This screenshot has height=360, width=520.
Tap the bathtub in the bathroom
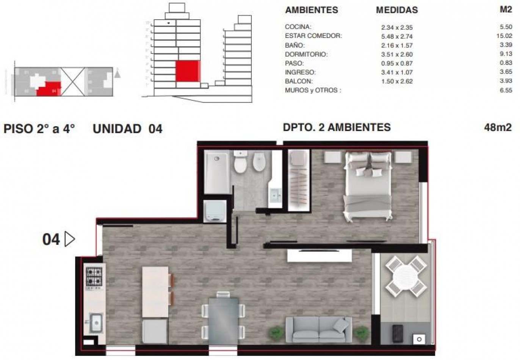(217, 171)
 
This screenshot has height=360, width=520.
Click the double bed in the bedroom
(367, 186)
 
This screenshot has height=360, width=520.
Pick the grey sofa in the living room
(318, 329)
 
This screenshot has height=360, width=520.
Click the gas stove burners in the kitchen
(94, 277)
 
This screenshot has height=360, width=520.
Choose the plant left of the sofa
(276, 333)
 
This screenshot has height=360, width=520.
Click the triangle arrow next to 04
(70, 239)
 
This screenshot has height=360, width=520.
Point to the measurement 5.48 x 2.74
(396, 36)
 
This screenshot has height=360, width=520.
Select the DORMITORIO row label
(306, 54)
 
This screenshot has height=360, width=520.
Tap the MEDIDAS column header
(396, 10)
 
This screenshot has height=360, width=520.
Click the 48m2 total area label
(497, 127)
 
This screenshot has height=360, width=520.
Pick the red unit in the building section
(188, 71)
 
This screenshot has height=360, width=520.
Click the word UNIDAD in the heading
(117, 129)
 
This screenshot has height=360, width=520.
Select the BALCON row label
(299, 81)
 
